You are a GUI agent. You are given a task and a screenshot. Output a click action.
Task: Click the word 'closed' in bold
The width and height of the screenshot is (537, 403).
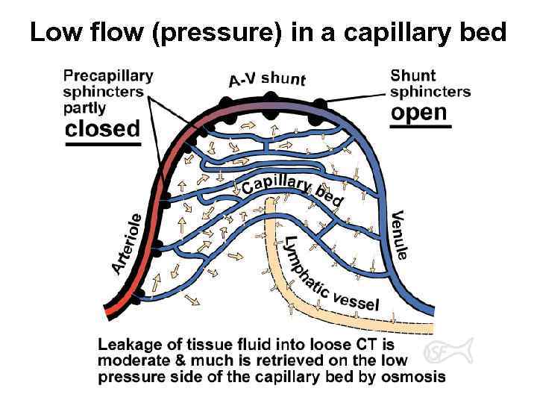click(x=103, y=128)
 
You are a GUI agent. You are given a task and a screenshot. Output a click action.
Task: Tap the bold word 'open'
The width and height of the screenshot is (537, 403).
click(x=420, y=113)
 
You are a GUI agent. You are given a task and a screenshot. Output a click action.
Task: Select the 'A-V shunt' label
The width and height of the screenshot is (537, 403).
click(x=267, y=78)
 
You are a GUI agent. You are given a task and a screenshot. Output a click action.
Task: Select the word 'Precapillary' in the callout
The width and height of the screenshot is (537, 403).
click(x=108, y=75)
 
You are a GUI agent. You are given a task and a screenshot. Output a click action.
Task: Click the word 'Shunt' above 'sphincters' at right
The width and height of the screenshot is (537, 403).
click(x=413, y=75)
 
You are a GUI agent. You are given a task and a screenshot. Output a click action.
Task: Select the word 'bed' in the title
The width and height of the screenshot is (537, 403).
click(x=485, y=32)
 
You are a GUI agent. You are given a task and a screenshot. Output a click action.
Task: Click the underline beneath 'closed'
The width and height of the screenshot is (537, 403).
click(x=103, y=143)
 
